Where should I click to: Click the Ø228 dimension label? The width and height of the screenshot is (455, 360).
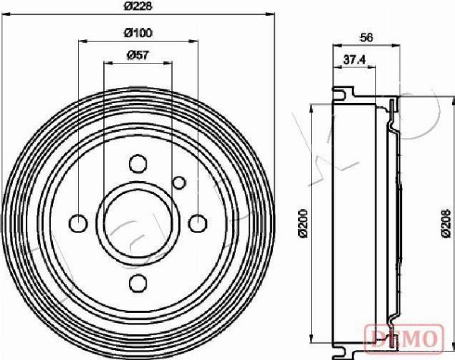coord(139,6)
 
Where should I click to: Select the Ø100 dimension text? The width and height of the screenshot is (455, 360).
coord(138,33)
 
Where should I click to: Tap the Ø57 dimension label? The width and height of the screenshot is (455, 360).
coord(138,55)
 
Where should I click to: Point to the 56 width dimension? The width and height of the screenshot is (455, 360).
coord(366,37)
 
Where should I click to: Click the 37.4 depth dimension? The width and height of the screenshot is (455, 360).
coord(354,60)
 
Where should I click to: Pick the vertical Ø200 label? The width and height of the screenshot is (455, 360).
coord(303,223)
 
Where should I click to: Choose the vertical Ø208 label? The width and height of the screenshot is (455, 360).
coord(447,223)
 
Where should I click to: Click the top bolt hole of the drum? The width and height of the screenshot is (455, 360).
coord(137,164)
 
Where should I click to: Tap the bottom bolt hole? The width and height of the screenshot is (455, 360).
coord(138,283)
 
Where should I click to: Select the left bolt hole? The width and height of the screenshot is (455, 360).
coord(78,223)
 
